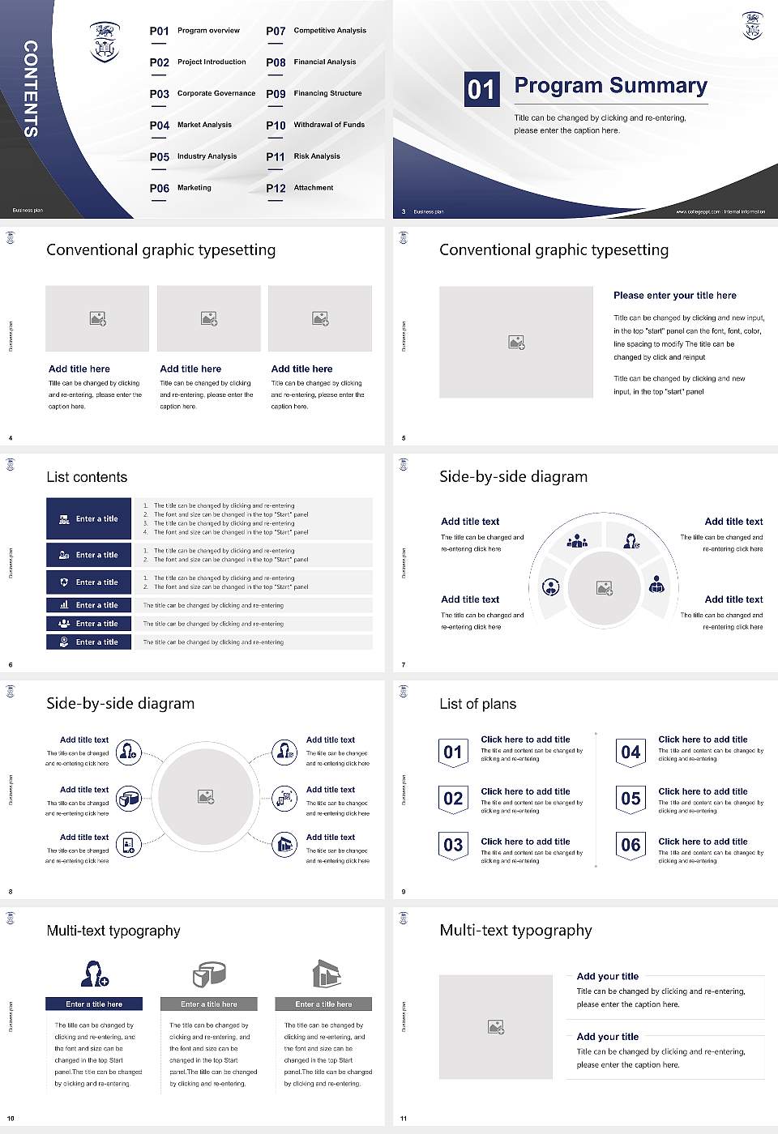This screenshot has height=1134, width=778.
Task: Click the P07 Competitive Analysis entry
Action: click(316, 31)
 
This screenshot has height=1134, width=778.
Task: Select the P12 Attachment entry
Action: click(300, 188)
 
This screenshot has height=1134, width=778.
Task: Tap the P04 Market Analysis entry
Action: click(190, 125)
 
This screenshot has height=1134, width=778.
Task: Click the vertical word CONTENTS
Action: click(31, 88)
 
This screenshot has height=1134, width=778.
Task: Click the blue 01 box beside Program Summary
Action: click(481, 88)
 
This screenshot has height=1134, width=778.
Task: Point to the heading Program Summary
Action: click(610, 86)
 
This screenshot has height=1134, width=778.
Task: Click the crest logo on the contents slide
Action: click(105, 42)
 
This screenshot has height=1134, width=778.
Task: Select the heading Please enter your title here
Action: click(674, 296)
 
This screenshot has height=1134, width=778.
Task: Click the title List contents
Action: click(87, 477)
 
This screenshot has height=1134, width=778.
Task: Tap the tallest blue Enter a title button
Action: click(88, 518)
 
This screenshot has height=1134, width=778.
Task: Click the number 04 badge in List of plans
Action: click(631, 752)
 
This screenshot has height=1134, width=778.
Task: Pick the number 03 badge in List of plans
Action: click(453, 845)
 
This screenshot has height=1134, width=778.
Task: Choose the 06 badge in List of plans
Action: click(631, 845)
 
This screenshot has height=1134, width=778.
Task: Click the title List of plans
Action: click(477, 704)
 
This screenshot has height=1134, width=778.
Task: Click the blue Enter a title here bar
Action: click(94, 1004)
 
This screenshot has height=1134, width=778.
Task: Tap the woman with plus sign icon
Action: click(94, 973)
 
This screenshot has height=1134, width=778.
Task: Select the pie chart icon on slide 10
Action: click(209, 974)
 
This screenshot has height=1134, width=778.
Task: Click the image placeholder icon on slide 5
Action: click(516, 343)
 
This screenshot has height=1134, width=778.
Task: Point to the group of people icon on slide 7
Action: click(577, 540)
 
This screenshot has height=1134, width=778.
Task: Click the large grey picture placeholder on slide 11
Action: click(495, 1026)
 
